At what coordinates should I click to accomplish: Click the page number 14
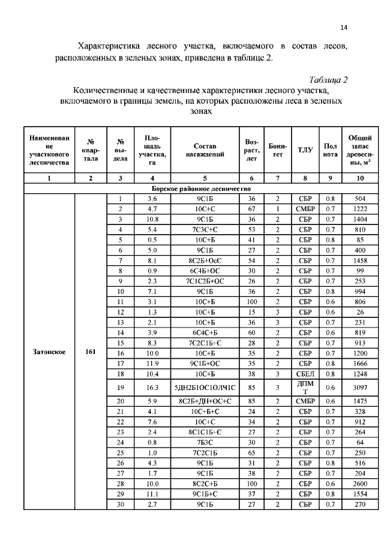[x=344, y=26]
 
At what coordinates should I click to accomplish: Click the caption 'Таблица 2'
[x=328, y=80]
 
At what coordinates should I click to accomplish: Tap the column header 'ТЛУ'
[x=302, y=150]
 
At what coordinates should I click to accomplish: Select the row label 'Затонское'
[x=49, y=352]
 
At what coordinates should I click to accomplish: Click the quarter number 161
[x=90, y=352]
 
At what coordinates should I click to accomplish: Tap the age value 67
[x=251, y=208]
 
